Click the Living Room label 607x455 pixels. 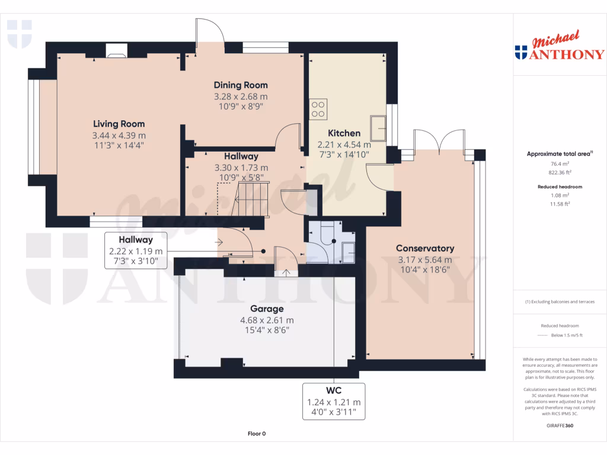pos(119,124)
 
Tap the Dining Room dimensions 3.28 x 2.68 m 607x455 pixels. pos(241,97)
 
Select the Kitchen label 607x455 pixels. pos(344,133)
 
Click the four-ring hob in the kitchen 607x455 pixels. pos(318,109)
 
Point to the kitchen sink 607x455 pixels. pos(378,128)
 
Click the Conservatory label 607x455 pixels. pos(425,248)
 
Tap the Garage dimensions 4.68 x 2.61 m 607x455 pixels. pos(267,321)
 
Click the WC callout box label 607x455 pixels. pos(334,390)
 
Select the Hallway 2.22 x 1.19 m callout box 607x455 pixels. pos(136,251)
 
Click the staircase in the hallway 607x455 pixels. pos(251,199)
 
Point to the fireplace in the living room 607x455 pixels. pos(117,51)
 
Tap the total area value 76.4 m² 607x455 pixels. pos(560,164)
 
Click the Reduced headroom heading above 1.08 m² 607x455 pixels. pos(560,187)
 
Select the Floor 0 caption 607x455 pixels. pos(257,434)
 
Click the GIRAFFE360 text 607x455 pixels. pos(560,425)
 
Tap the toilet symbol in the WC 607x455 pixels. pos(327,235)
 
